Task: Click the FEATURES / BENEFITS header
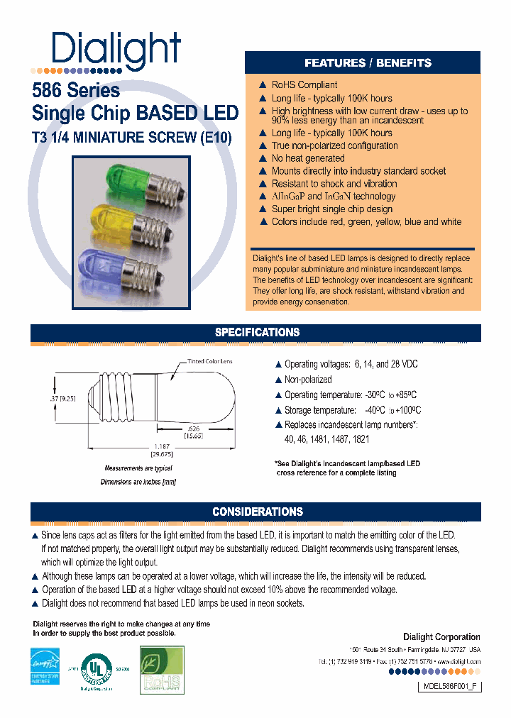(368, 63)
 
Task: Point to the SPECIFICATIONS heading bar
(257, 332)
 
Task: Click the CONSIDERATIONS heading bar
(257, 512)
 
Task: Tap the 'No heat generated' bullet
(307, 158)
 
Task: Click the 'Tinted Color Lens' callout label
(209, 362)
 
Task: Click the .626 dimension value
(193, 429)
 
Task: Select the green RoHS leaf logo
(162, 669)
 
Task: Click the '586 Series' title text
(76, 91)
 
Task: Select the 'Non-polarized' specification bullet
(307, 380)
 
